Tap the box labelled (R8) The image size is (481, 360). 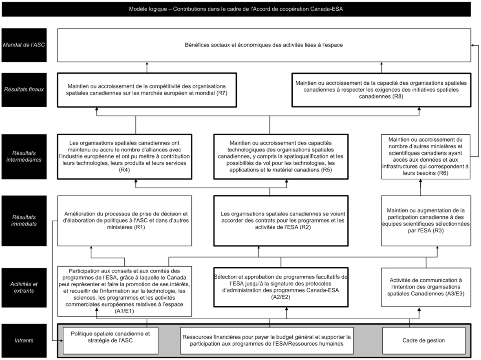(x=381, y=90)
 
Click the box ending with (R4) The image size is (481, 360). (x=136, y=156)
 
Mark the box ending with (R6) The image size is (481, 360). (x=426, y=156)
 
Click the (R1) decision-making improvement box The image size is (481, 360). (x=125, y=221)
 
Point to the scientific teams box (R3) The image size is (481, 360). (x=426, y=221)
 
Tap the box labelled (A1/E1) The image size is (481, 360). (x=125, y=291)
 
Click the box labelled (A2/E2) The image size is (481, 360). (x=281, y=288)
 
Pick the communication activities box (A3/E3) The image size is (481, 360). (x=426, y=288)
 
